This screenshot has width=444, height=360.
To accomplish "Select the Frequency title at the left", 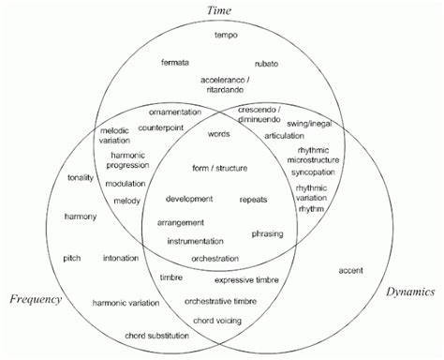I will point(36,299).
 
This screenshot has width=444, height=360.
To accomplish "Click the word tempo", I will point(227,35).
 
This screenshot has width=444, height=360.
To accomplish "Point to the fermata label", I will point(175,62).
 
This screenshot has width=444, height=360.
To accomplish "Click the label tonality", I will point(81,177).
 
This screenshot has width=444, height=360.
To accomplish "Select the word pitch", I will point(72,257).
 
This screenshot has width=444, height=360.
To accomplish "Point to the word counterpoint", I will point(161,127).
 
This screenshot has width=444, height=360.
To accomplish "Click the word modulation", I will point(125,183).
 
